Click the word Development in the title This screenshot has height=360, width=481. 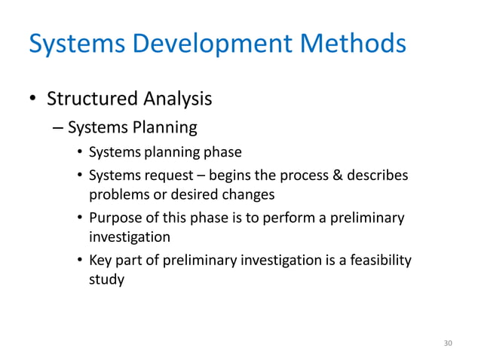[x=209, y=45]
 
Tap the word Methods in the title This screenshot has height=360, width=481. [x=351, y=45]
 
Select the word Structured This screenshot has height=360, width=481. [x=93, y=99]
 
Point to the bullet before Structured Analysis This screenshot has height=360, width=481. [x=33, y=99]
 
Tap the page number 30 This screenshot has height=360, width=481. [x=448, y=343]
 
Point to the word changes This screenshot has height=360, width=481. [x=248, y=194]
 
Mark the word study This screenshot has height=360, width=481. [x=106, y=279]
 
